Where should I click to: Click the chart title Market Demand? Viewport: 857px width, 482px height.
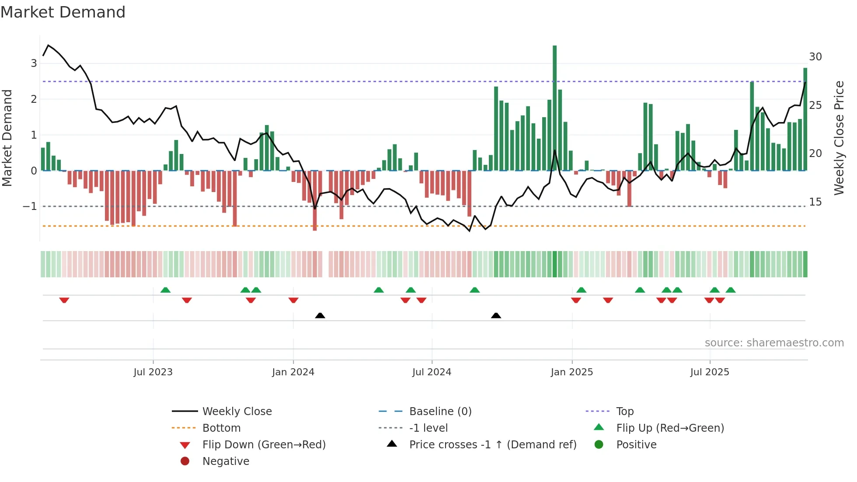(x=63, y=12)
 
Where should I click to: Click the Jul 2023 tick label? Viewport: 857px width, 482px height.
(x=153, y=372)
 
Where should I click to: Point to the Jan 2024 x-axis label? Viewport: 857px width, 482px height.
(x=293, y=372)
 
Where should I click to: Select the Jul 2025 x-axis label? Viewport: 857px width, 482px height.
(x=710, y=372)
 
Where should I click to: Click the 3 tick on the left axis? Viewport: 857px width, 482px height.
(x=34, y=63)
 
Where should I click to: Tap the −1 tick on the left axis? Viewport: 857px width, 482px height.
(x=30, y=206)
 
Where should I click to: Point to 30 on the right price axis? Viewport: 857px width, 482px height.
(x=815, y=57)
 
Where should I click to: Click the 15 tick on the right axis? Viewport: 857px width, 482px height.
(x=815, y=202)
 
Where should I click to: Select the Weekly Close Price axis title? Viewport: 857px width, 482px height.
(x=839, y=138)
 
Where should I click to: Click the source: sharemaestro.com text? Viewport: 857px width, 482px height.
(x=774, y=343)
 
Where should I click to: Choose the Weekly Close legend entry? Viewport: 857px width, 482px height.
(x=237, y=412)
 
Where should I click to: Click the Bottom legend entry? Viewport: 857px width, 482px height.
(x=221, y=428)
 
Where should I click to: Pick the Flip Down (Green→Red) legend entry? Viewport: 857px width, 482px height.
(x=264, y=445)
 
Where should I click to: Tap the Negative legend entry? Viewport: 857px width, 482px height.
(x=226, y=461)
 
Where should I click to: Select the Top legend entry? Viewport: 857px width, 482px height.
(x=625, y=412)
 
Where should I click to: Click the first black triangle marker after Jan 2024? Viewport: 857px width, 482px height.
(x=320, y=315)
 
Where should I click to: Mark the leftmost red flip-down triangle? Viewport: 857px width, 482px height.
(x=64, y=300)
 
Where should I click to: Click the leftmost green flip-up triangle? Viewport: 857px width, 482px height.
(x=165, y=290)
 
